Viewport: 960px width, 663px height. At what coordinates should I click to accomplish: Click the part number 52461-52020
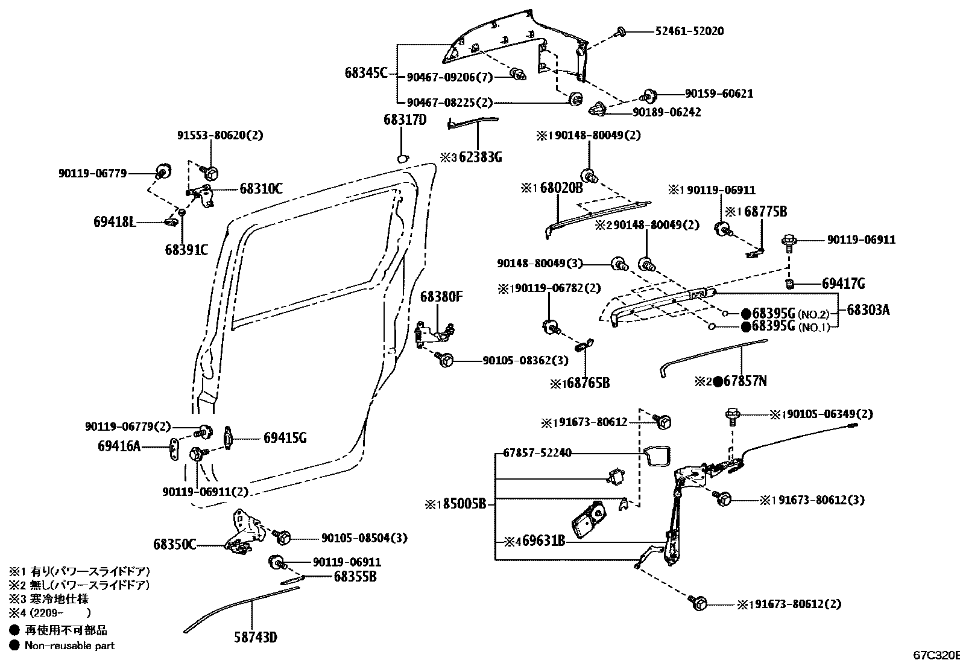[x=690, y=31]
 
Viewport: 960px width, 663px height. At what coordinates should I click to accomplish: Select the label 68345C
[x=366, y=74]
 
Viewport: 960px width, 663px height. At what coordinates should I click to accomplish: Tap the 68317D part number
[x=405, y=120]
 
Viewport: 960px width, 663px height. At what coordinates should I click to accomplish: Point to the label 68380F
[x=441, y=297]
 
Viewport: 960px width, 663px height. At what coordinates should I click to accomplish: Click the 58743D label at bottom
[x=256, y=636]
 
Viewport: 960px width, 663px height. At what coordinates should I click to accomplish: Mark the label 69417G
[x=843, y=284]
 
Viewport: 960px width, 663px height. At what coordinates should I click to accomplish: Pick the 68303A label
[x=868, y=309]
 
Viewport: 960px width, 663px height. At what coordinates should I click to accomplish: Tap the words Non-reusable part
[x=69, y=646]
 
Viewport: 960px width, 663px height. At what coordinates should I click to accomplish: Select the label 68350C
[x=174, y=544]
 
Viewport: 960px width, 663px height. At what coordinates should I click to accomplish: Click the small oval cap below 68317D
[x=402, y=159]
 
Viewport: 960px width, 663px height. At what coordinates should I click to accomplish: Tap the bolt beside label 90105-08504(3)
[x=283, y=536]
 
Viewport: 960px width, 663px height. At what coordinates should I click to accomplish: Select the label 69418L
[x=114, y=221]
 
